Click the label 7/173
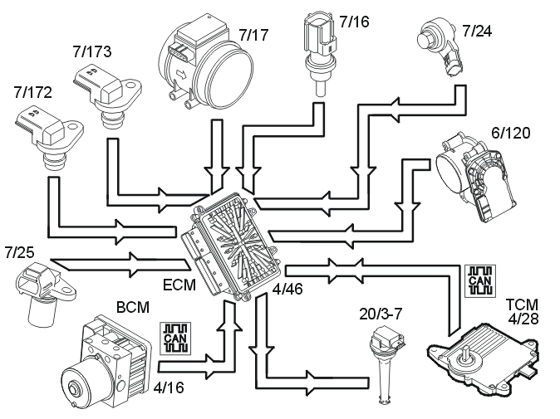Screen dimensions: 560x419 (92, 51)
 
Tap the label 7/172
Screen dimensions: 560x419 (33, 92)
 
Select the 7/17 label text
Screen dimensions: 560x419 (253, 35)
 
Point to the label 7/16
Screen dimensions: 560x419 (354, 22)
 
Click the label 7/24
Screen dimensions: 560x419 (477, 31)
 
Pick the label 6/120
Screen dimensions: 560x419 (511, 133)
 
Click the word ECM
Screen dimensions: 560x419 (179, 285)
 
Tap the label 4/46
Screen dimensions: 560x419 (287, 289)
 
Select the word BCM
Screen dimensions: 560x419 (133, 307)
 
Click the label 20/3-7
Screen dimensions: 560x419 (381, 314)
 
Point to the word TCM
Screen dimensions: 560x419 (522, 305)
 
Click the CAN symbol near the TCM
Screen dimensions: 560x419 (480, 280)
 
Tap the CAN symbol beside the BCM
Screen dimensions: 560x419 (175, 339)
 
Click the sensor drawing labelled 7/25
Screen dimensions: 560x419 (45, 292)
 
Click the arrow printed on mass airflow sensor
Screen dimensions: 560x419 (181, 75)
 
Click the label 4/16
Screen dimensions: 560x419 (169, 387)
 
